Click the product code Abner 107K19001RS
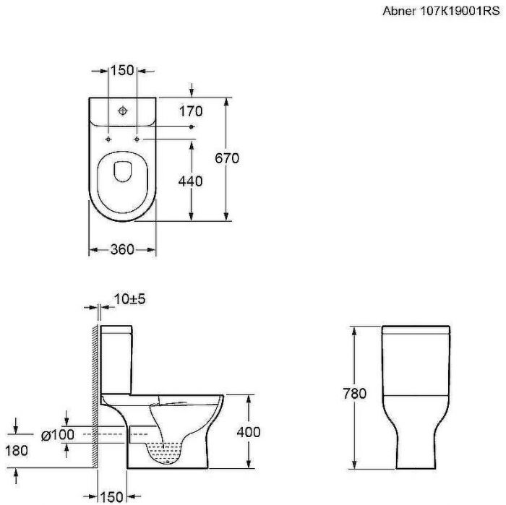pyautogui.click(x=441, y=11)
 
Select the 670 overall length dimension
pyautogui.click(x=227, y=158)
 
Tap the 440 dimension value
pyautogui.click(x=190, y=181)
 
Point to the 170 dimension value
pyautogui.click(x=191, y=111)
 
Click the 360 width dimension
pyautogui.click(x=122, y=249)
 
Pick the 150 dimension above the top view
pyautogui.click(x=122, y=70)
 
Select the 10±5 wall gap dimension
pyautogui.click(x=130, y=299)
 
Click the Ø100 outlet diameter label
pyautogui.click(x=58, y=435)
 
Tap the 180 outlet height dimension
pyautogui.click(x=17, y=451)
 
